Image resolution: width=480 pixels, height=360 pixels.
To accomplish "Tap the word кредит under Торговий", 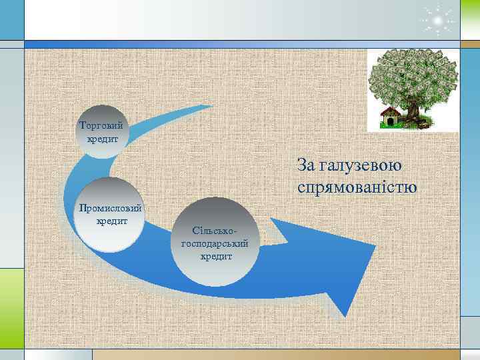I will click(x=102, y=139).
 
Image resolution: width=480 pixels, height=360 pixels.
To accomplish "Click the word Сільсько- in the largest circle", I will click(x=211, y=231).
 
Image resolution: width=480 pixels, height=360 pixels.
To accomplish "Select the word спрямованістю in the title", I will click(x=357, y=187).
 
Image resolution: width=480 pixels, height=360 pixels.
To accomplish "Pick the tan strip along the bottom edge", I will click(x=240, y=354).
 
